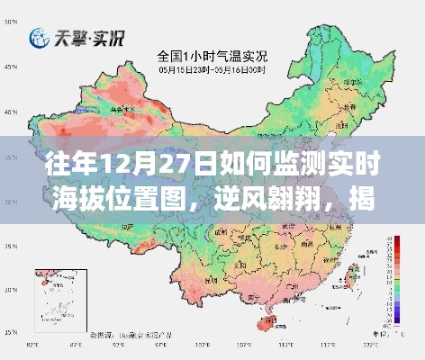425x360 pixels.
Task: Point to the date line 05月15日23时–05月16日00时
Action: (x=212, y=69)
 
